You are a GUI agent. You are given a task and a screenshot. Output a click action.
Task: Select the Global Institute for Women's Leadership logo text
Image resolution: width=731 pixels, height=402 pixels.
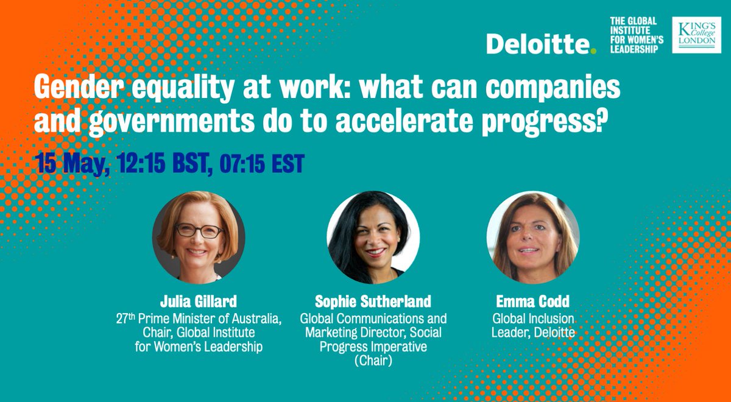(634, 35)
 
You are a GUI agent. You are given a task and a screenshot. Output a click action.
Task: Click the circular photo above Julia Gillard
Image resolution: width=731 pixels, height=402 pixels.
(199, 238)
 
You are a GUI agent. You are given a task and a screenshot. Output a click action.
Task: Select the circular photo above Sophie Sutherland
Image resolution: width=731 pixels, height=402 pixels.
(373, 238)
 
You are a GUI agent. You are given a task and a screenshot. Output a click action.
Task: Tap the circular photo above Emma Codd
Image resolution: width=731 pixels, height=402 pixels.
(532, 238)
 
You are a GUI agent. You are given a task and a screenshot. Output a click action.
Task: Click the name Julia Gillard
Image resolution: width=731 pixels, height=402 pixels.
(198, 302)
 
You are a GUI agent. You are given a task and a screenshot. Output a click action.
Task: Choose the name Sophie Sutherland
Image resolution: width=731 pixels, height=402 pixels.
(373, 302)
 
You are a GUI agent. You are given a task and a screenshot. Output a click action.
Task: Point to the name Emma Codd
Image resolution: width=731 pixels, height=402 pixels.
(532, 302)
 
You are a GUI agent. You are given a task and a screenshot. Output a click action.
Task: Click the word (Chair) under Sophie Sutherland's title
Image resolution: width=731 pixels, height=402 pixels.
(373, 361)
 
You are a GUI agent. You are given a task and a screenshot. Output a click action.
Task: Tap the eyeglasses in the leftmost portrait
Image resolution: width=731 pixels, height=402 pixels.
(199, 231)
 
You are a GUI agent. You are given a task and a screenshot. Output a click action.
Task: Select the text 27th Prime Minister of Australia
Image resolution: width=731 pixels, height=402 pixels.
(198, 318)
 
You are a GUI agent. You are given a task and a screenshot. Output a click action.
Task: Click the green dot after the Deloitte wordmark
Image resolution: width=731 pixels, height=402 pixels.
(593, 52)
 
